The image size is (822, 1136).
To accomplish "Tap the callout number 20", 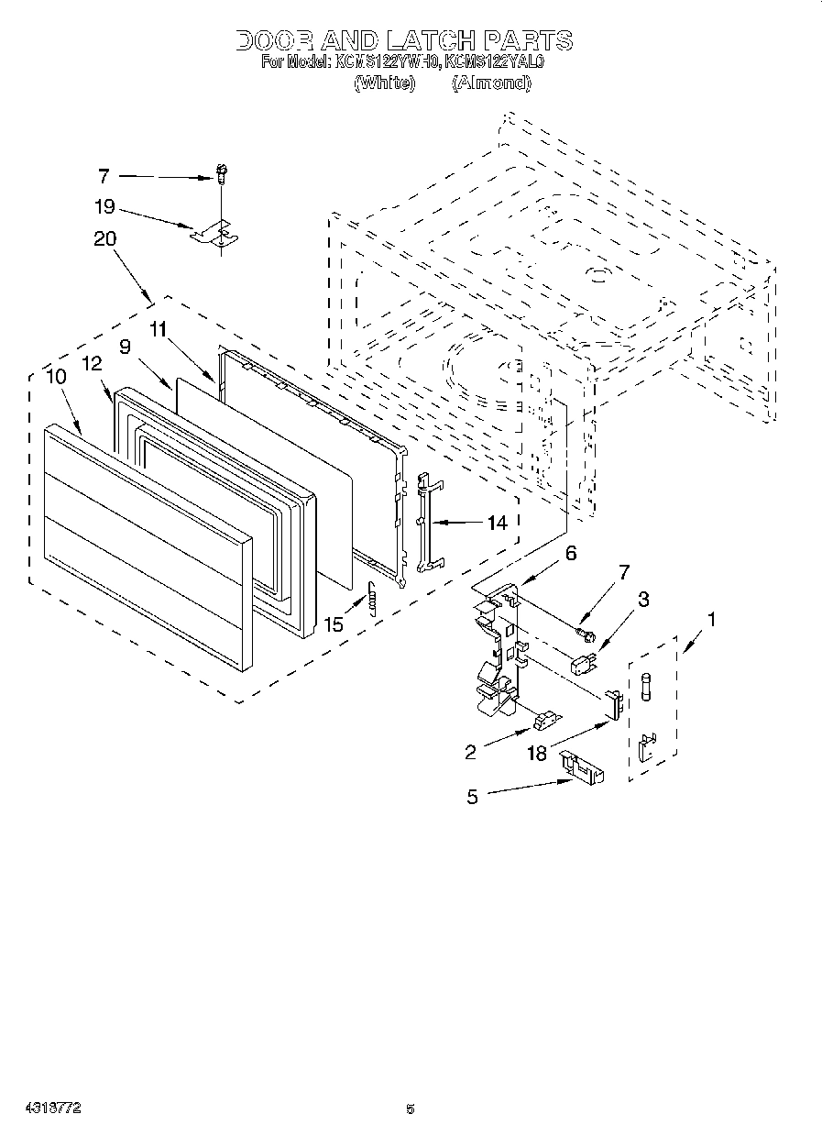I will (104, 238).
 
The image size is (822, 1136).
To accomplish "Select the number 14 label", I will (496, 524).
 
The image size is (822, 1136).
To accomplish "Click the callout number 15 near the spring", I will (334, 624).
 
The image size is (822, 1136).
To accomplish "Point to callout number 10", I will (55, 376).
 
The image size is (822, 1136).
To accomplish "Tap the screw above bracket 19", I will (221, 171).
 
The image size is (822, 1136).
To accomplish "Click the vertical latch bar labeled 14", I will (424, 523).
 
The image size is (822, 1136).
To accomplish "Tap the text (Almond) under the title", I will (490, 83).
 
